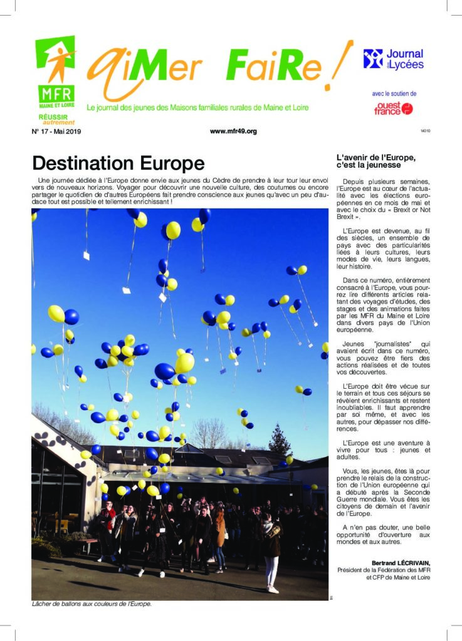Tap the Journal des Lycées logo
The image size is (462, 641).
[393, 59]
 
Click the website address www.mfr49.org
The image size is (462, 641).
[233, 131]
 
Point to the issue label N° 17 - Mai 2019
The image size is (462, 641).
[56, 131]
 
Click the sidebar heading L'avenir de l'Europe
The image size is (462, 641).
[376, 157]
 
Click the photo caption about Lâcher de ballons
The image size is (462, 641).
[92, 605]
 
